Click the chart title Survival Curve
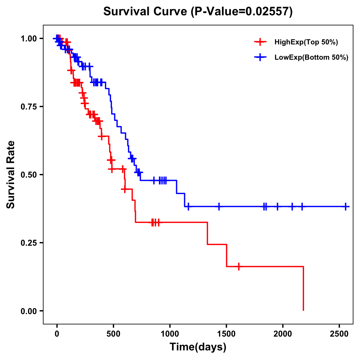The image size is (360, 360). pos(198,11)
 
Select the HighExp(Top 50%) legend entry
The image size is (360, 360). pos(306,42)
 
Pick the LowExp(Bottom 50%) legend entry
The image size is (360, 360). pos(311,58)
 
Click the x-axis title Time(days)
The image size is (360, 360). pos(198,347)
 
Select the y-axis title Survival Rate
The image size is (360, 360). pos(11,174)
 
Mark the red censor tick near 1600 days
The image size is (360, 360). pos(239,266)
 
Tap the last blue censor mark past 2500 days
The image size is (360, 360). pos(346,207)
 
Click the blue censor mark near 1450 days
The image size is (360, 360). pos(219,207)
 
